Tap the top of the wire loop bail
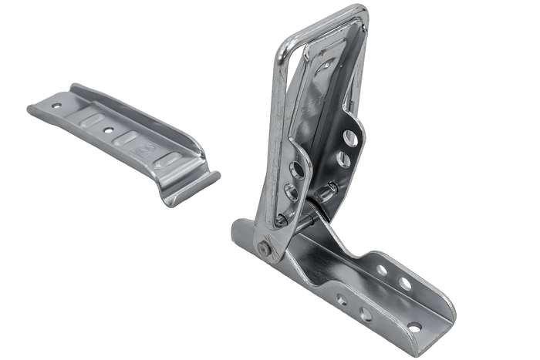tap(324, 16)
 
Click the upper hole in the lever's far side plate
tap(349, 137)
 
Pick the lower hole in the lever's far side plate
tap(342, 160)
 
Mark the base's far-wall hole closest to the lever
tap(381, 270)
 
